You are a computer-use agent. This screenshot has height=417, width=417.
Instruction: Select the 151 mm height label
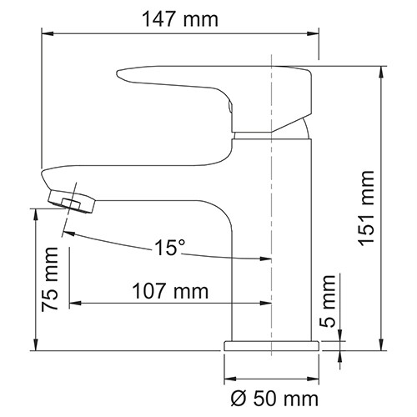tap(365, 205)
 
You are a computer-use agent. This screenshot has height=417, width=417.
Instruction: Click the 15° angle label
tap(169, 249)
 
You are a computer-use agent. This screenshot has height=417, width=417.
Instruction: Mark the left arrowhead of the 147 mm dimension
tap(48, 33)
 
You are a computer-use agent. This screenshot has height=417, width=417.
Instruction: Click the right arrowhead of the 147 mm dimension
tap(314, 33)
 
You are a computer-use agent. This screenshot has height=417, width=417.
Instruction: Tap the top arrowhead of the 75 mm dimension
tap(35, 214)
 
